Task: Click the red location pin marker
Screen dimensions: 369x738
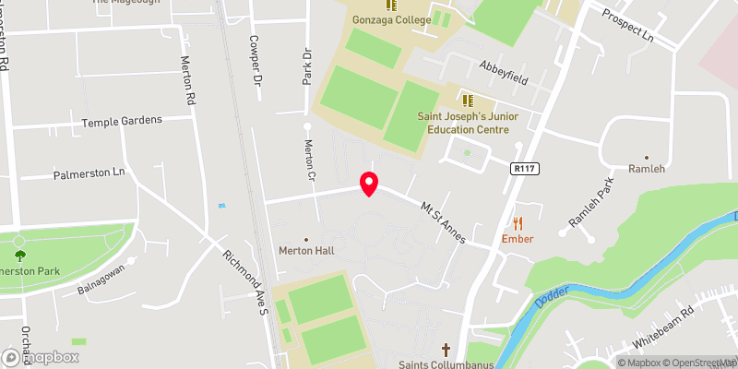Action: [369, 184]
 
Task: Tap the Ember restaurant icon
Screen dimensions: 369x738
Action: [518, 222]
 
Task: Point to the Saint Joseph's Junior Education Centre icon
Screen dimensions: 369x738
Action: [466, 98]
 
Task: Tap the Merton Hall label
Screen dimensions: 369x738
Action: [306, 251]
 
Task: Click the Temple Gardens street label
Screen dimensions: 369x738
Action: [122, 121]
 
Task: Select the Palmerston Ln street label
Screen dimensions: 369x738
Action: [89, 173]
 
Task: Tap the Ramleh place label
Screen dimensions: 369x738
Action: [646, 169]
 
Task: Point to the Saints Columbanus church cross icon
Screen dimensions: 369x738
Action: [446, 350]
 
